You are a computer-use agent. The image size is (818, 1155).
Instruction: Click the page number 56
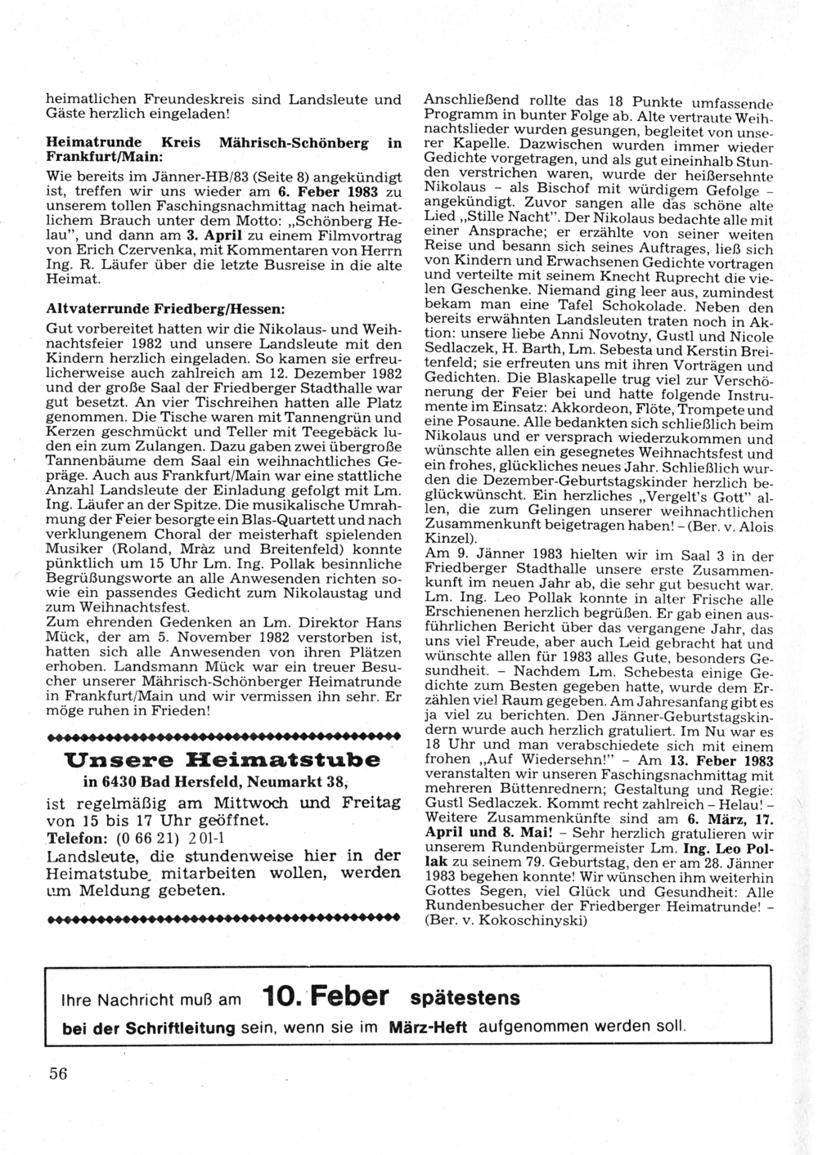[57, 1074]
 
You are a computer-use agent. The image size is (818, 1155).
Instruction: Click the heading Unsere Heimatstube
[222, 759]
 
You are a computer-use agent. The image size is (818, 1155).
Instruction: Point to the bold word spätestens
[465, 998]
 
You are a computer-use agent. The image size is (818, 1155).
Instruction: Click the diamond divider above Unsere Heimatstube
[222, 736]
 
